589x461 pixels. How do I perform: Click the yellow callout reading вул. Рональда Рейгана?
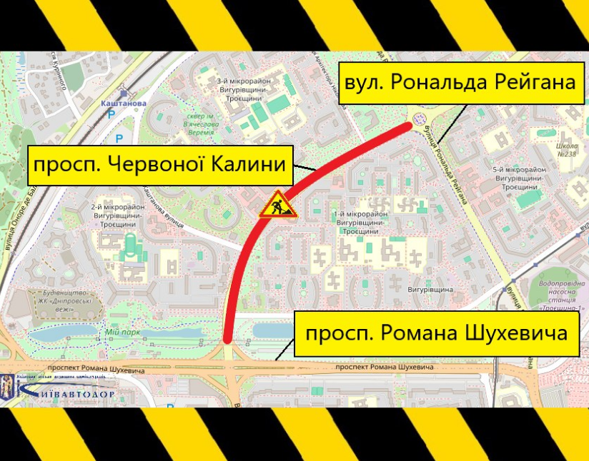(x=460, y=82)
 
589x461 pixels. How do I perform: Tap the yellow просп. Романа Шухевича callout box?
(x=437, y=333)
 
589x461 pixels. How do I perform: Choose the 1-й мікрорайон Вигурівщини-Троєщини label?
(x=358, y=222)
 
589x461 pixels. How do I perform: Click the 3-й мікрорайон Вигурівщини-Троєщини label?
(x=241, y=91)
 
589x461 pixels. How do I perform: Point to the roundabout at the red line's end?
(x=420, y=116)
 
